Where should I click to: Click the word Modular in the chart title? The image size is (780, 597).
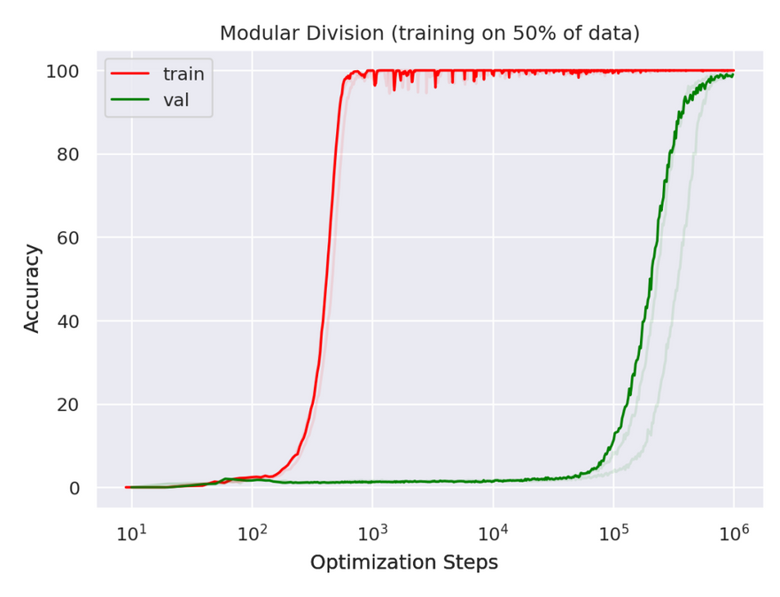[252, 34]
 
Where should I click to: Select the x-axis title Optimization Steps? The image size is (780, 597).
[403, 562]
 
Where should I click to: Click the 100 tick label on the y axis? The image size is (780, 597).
[63, 71]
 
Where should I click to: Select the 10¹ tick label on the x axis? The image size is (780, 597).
[131, 533]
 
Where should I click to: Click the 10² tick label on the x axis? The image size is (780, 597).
[252, 533]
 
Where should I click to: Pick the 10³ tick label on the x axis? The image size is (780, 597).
[372, 533]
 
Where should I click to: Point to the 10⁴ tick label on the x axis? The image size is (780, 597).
[493, 533]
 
